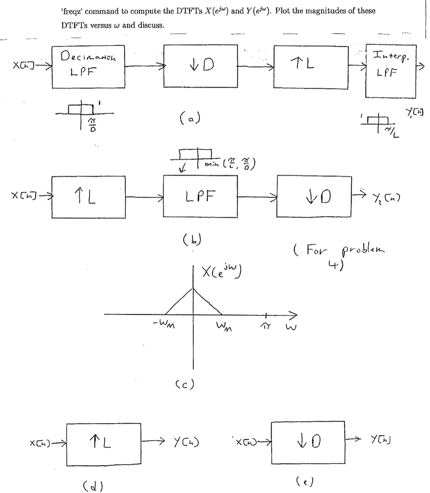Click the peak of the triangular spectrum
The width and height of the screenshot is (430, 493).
[193, 288]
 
